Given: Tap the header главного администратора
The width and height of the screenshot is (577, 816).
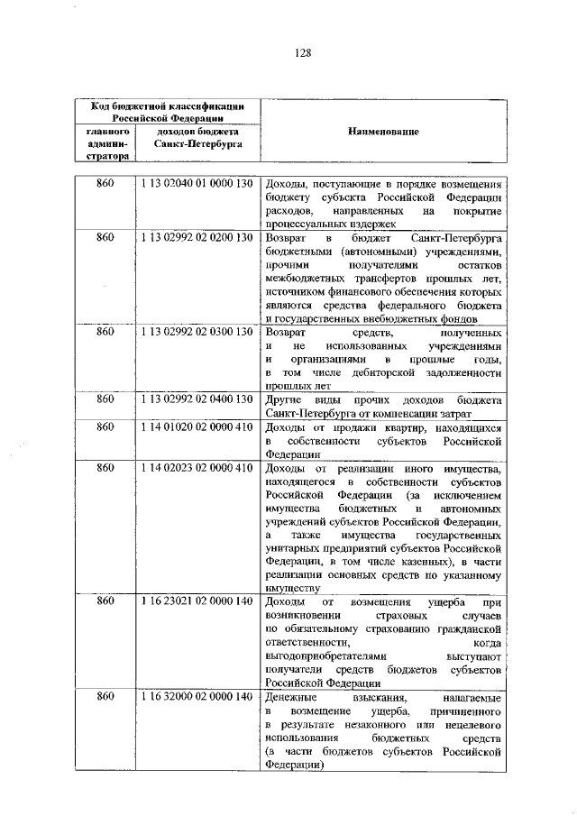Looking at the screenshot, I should click(x=105, y=143).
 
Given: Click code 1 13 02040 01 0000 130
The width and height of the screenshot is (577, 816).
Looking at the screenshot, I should click(x=196, y=184).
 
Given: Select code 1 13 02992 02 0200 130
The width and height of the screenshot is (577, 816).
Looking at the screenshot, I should click(x=196, y=237).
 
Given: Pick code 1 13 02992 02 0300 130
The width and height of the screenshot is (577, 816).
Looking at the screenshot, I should click(x=196, y=333).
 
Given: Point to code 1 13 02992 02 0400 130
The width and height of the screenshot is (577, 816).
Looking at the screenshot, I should click(x=196, y=399).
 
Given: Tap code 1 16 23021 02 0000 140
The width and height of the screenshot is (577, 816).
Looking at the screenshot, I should click(x=196, y=601).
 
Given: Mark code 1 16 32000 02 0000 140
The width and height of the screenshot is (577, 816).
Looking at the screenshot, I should click(x=196, y=698).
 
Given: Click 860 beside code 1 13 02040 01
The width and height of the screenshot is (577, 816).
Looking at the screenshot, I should click(x=105, y=184).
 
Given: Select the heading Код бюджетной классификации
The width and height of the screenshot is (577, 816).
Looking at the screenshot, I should click(x=168, y=105).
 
